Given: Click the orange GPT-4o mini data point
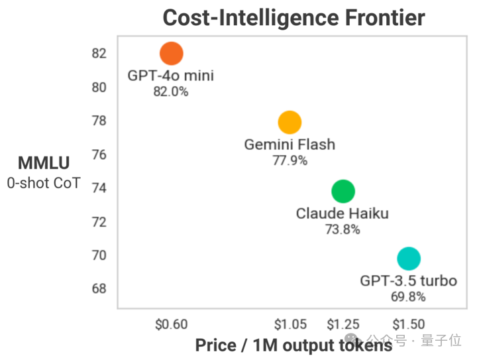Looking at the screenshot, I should click(x=171, y=53).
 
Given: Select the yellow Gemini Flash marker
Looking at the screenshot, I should click(x=290, y=122).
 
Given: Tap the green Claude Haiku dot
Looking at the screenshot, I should click(x=343, y=191).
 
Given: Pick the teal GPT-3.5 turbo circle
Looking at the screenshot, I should click(x=409, y=259).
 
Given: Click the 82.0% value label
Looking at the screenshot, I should click(x=171, y=92).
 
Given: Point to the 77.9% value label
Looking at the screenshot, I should click(x=290, y=160).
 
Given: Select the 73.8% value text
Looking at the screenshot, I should click(x=343, y=229).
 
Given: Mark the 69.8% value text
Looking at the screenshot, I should click(x=408, y=297).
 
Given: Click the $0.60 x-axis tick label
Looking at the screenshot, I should click(x=171, y=324).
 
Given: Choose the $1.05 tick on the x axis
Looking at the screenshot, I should click(x=290, y=324).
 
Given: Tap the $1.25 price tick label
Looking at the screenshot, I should click(x=343, y=324).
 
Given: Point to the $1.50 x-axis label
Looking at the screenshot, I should click(x=408, y=324).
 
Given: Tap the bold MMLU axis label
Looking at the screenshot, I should click(x=44, y=163).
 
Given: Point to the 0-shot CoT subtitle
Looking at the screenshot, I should click(x=44, y=182).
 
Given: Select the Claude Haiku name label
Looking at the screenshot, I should click(x=342, y=213).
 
